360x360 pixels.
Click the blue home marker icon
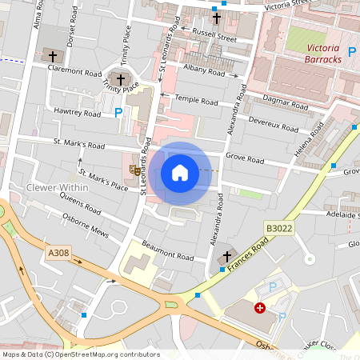[x=180, y=173]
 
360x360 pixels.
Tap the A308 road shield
[x=58, y=253]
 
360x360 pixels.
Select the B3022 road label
[x=279, y=228]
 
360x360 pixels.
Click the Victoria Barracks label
[x=324, y=53]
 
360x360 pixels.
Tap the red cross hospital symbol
[x=260, y=307]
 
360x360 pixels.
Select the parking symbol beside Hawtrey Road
[x=119, y=113]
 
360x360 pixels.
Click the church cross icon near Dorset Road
[x=54, y=56]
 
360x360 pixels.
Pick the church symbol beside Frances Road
[x=226, y=256]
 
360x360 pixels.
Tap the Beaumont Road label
[x=168, y=250]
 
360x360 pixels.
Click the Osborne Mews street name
[x=85, y=226]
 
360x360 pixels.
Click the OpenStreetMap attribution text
[x=80, y=354]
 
